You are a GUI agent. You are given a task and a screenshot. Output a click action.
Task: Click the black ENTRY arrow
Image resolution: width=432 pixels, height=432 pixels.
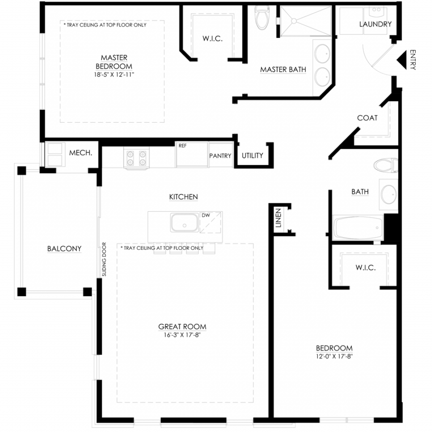[402, 60]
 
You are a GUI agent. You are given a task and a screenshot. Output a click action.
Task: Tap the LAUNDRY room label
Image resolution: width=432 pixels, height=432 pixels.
[375, 24]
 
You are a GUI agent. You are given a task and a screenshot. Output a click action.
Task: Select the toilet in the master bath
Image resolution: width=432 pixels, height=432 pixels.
[262, 17]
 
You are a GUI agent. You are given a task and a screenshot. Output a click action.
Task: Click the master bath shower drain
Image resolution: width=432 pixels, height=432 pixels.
[294, 21]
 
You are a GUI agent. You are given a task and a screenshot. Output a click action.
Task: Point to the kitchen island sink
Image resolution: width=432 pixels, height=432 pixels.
[184, 222]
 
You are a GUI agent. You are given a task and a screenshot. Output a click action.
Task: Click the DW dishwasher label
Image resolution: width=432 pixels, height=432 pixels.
[206, 215]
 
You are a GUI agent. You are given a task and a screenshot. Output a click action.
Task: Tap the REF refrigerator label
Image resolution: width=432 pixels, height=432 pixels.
[182, 146]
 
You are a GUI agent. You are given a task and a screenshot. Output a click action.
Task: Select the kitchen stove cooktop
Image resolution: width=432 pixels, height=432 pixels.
[136, 158]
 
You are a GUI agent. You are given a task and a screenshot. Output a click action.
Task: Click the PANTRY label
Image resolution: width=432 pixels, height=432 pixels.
[220, 156]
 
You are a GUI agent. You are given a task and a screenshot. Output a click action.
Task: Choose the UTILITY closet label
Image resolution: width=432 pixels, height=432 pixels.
[252, 156]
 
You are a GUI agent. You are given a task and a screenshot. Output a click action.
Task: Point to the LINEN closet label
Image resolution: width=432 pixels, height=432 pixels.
[278, 218]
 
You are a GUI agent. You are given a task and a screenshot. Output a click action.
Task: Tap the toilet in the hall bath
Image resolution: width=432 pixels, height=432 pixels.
[386, 165]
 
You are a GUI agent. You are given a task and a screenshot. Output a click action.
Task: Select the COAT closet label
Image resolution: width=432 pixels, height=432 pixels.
[367, 118]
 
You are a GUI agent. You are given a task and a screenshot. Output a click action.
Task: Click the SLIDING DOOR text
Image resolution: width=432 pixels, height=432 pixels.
[104, 259]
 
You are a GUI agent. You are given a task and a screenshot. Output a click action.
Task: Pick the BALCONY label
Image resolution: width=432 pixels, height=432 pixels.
[64, 249]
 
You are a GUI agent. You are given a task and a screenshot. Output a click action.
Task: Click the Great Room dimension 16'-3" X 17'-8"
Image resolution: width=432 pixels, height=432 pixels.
[182, 335]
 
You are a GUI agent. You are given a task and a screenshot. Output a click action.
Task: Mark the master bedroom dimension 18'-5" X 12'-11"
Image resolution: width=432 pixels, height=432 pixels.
[114, 74]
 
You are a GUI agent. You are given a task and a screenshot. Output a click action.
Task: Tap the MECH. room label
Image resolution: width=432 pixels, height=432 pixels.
[81, 153]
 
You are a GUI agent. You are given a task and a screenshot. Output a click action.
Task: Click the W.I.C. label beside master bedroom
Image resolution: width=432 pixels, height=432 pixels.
[213, 38]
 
